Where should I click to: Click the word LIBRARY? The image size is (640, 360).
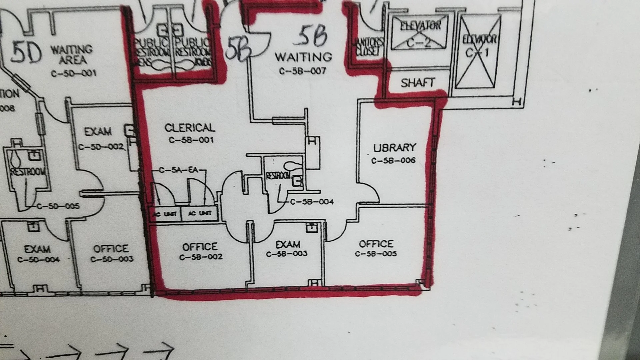click(x=395, y=148)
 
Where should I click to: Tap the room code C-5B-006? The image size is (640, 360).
click(x=393, y=161)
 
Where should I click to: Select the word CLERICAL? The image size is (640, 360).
click(x=190, y=128)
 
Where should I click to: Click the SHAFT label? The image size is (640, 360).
click(x=418, y=83)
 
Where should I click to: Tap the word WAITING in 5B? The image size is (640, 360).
click(x=303, y=57)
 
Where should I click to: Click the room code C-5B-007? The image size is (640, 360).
click(x=302, y=71)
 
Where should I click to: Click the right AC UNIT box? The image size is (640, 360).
click(x=200, y=213)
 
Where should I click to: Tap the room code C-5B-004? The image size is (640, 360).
click(x=312, y=202)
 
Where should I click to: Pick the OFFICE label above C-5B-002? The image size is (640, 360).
click(x=200, y=247)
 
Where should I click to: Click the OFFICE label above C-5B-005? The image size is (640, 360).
click(x=376, y=244)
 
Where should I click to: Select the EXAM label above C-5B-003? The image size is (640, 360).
click(x=288, y=244)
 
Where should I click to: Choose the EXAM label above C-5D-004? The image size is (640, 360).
click(x=37, y=249)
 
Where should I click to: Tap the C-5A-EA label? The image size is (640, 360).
click(x=179, y=170)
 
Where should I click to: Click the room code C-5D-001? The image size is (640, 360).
click(x=74, y=73)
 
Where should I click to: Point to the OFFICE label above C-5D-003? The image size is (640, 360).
click(x=111, y=249)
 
